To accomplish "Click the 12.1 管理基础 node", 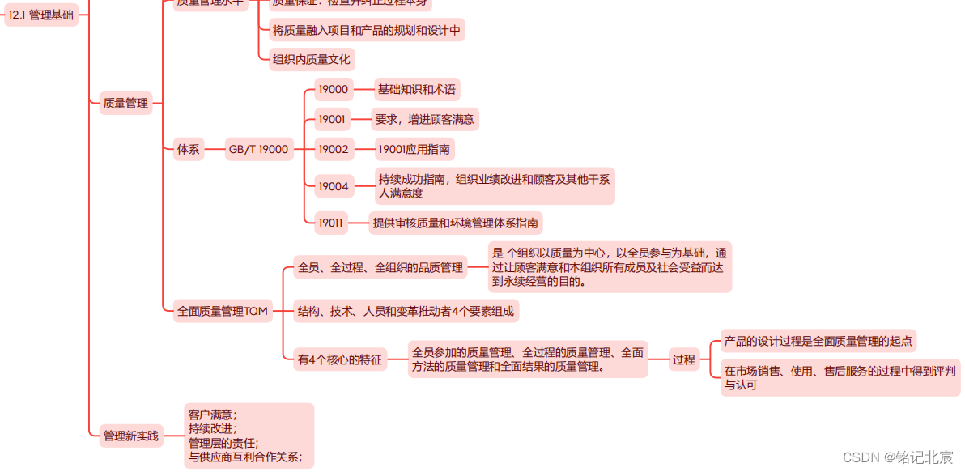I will coord(41,15).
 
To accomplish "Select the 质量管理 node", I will coord(125,103).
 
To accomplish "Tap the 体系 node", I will coord(188,149).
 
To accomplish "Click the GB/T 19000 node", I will coord(258,149).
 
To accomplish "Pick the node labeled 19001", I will coord(332,120).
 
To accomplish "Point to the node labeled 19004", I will coord(333,186).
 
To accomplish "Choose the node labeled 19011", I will coord(331,223).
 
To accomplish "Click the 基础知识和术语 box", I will coord(416,90).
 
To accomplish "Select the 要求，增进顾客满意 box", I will coord(424,120).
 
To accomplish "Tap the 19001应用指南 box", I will coord(414,149).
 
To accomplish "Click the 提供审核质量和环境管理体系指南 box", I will coord(456,223).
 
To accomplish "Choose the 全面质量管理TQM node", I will coord(223,311).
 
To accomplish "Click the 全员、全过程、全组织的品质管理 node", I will coord(380,267).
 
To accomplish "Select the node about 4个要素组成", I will coord(406,311).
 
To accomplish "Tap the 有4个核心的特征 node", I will coord(340,359).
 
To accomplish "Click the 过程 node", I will coord(683,359).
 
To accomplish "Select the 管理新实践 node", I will coord(131,436).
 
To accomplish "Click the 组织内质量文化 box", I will coord(312,59).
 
